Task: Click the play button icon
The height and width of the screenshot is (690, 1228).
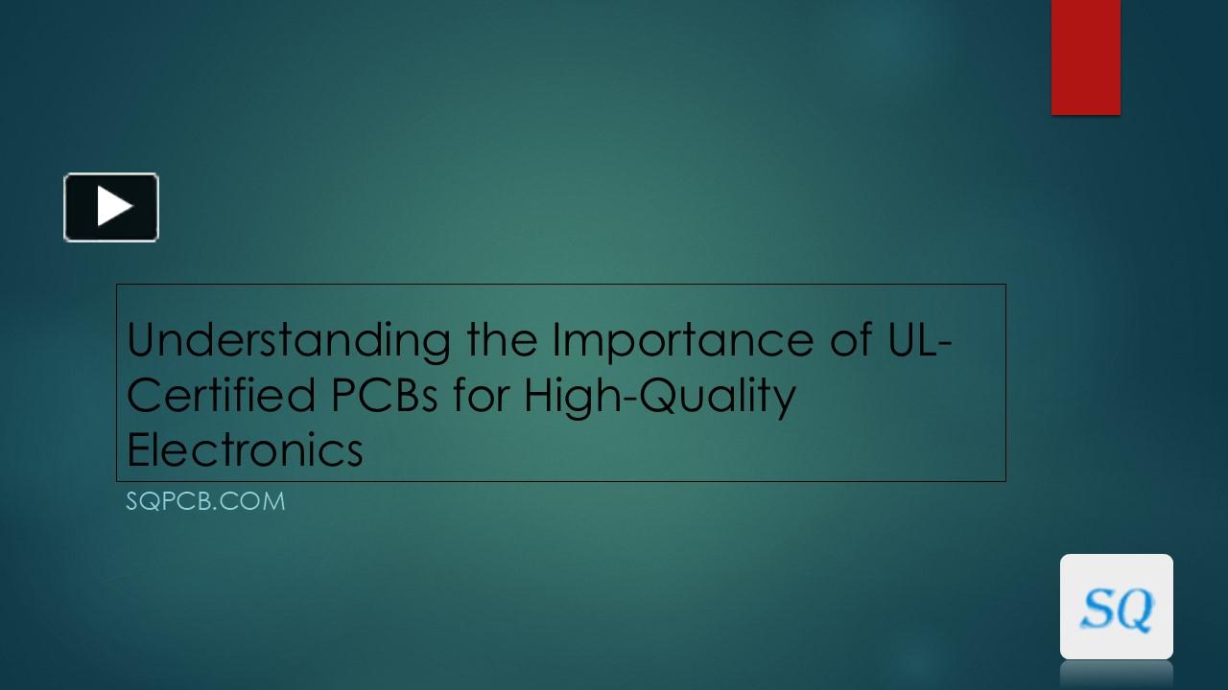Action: pyautogui.click(x=111, y=207)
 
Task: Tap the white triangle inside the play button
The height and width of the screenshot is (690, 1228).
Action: pyautogui.click(x=114, y=207)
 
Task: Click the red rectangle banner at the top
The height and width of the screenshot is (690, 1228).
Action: pyautogui.click(x=1085, y=57)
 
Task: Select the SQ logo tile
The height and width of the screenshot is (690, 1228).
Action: pyautogui.click(x=1116, y=607)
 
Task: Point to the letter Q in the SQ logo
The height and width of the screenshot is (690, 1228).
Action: pyautogui.click(x=1135, y=609)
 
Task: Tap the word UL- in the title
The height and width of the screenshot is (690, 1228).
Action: pyautogui.click(x=914, y=339)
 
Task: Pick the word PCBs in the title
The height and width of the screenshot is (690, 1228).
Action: pyautogui.click(x=385, y=395)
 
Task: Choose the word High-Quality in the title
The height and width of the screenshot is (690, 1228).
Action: pyautogui.click(x=659, y=397)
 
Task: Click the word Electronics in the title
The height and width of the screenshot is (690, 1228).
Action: pyautogui.click(x=245, y=449)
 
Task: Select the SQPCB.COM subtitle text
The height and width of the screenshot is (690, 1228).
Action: pyautogui.click(x=205, y=501)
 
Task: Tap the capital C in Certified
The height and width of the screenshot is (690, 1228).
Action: pyautogui.click(x=144, y=395)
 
